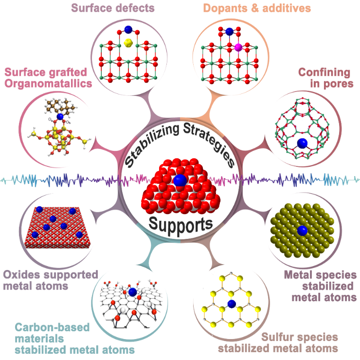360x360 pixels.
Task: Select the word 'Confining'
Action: (x=325, y=72)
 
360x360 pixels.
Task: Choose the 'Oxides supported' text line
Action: (x=51, y=274)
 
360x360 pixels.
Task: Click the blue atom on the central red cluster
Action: (x=180, y=180)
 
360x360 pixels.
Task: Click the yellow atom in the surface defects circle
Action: (x=128, y=43)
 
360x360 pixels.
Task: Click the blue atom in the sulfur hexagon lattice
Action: (x=232, y=304)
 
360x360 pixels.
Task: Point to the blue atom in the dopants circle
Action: (x=229, y=32)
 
